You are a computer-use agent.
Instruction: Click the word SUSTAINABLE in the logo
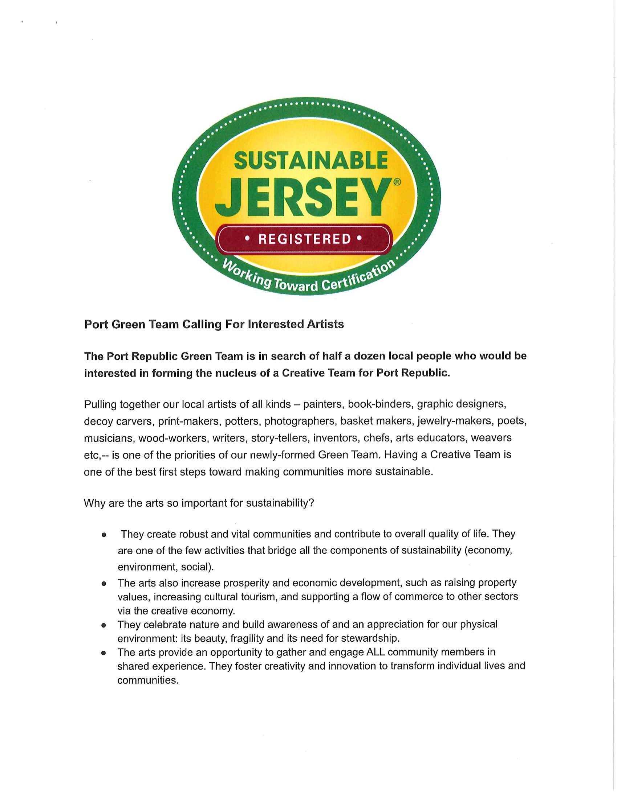point(310,161)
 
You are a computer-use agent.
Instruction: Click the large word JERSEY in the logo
point(302,198)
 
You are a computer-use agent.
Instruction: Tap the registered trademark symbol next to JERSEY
point(397,182)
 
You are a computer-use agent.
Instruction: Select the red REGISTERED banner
point(304,239)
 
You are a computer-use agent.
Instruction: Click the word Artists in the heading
point(325,324)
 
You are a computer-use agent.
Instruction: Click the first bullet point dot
point(104,535)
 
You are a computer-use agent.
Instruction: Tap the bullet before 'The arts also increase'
point(104,584)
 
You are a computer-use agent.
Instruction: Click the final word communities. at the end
point(148,680)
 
